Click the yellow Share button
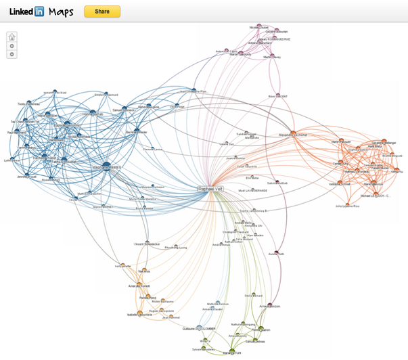(102, 12)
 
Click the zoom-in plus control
(12, 46)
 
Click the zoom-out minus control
(12, 54)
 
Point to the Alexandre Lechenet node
(293, 133)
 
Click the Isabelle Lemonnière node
(141, 313)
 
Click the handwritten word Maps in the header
(61, 12)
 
